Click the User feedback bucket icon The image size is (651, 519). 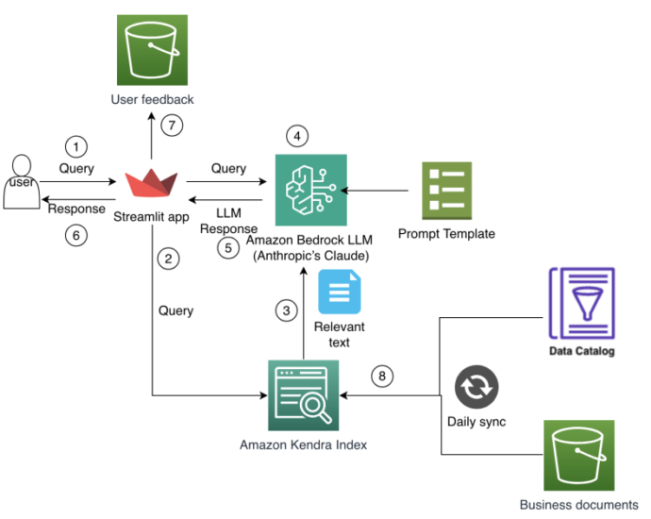pos(152,50)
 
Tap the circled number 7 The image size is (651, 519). pos(172,125)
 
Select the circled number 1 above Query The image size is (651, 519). pos(76,146)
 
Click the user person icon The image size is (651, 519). pos(22,182)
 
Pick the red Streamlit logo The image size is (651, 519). pos(151,183)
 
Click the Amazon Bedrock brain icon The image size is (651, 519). pos(311,190)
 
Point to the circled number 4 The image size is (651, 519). pos(297,136)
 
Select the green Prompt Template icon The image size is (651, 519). pos(446,191)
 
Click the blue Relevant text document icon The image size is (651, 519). pos(340,292)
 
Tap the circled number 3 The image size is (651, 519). pos(286,310)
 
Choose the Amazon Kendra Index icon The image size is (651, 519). pos(304,395)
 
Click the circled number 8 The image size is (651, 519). pos(382,377)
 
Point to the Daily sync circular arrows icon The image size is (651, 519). pos(476,387)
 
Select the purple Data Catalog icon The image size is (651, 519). pos(582,304)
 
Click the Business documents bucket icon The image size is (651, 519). pos(579,455)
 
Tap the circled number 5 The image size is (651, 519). pos(228,248)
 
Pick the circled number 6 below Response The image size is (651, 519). pos(76,235)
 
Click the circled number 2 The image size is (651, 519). pos(168,259)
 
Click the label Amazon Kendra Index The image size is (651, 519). pos(304,445)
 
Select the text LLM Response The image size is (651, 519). pos(228,221)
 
